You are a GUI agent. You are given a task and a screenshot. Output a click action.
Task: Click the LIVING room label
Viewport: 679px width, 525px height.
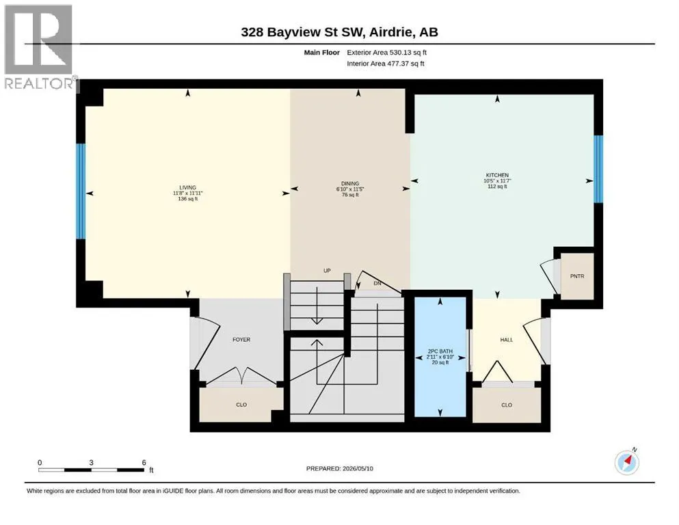click(x=188, y=187)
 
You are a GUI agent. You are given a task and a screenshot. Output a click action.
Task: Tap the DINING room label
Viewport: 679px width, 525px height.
click(x=350, y=183)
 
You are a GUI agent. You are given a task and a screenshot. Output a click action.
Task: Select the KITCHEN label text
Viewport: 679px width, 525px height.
click(x=497, y=175)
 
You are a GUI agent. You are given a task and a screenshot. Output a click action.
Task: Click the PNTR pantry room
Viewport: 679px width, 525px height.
click(x=577, y=276)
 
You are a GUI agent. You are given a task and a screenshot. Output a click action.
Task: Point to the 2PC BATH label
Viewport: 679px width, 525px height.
click(x=440, y=351)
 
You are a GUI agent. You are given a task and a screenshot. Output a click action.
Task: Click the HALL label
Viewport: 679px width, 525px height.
click(x=507, y=340)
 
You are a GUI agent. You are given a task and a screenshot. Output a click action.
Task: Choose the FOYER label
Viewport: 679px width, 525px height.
click(x=241, y=339)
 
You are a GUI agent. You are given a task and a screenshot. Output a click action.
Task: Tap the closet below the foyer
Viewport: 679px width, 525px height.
click(x=241, y=404)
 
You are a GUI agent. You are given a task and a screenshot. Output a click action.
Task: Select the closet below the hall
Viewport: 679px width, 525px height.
click(x=507, y=405)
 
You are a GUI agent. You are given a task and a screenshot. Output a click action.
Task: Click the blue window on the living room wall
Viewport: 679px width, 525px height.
click(x=81, y=191)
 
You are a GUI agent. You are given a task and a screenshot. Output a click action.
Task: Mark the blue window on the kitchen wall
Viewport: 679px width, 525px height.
click(x=598, y=169)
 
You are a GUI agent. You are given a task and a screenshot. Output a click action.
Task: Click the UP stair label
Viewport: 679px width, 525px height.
click(x=327, y=271)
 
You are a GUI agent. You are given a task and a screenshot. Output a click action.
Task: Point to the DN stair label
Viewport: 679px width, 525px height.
click(x=377, y=283)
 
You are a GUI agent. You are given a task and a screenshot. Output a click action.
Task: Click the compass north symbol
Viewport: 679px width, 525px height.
click(x=627, y=462)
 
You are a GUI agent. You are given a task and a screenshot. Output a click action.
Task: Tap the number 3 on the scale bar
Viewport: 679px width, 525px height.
click(x=92, y=462)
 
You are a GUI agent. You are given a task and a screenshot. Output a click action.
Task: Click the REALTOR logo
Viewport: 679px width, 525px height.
click(x=39, y=46)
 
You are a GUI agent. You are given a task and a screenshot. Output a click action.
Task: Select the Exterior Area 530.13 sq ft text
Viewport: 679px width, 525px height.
click(x=387, y=53)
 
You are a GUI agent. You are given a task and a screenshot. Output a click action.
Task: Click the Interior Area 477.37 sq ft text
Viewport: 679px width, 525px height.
click(x=386, y=63)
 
